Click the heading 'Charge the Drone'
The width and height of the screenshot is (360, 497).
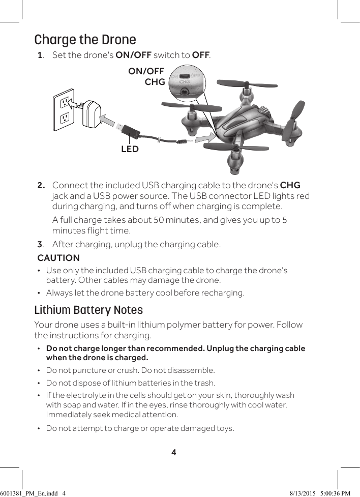[85, 40]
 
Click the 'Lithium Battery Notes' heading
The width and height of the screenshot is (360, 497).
[88, 310]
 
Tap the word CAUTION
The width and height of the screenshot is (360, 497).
[58, 258]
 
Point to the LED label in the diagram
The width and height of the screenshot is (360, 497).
[130, 149]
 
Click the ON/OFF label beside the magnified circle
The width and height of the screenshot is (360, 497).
[146, 71]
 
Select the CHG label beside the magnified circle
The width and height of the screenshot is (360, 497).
[155, 82]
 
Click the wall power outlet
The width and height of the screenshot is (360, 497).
[64, 110]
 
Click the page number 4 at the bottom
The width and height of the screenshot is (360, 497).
[174, 452]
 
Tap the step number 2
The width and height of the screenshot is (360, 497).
[41, 185]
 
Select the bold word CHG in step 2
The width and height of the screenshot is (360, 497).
[290, 185]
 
